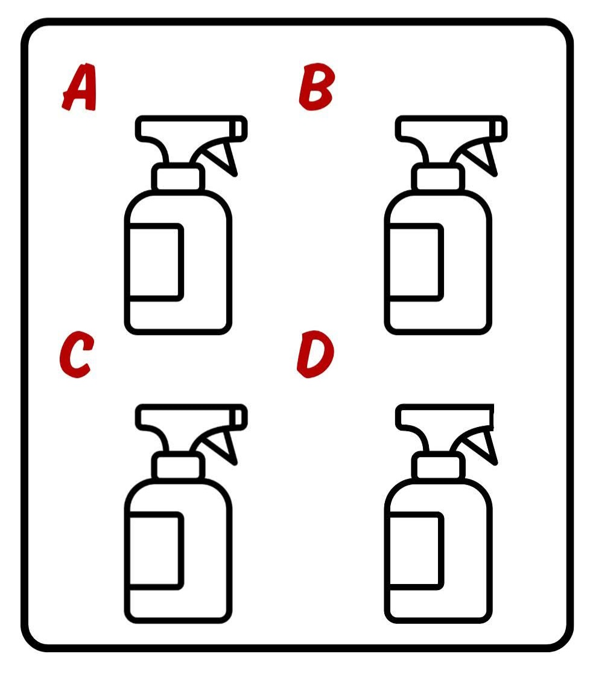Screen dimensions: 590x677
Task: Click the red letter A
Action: [80, 88]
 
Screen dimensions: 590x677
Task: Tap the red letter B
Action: [316, 87]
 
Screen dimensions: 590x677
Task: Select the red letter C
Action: [77, 355]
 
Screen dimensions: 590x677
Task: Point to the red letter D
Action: [316, 355]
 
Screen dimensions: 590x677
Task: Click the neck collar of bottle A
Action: [178, 178]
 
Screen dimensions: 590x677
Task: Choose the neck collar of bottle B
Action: [438, 178]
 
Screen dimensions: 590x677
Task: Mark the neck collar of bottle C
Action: [178, 466]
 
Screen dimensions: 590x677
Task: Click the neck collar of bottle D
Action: [438, 466]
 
